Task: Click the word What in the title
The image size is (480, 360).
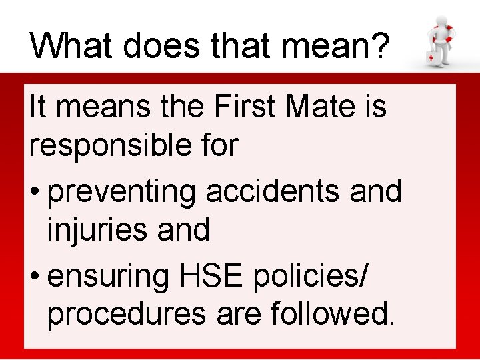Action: pyautogui.click(x=63, y=47)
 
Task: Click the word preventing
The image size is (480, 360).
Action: pyautogui.click(x=123, y=192)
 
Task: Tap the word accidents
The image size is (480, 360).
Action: pyautogui.click(x=281, y=191)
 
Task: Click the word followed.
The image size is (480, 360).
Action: pyautogui.click(x=333, y=313)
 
